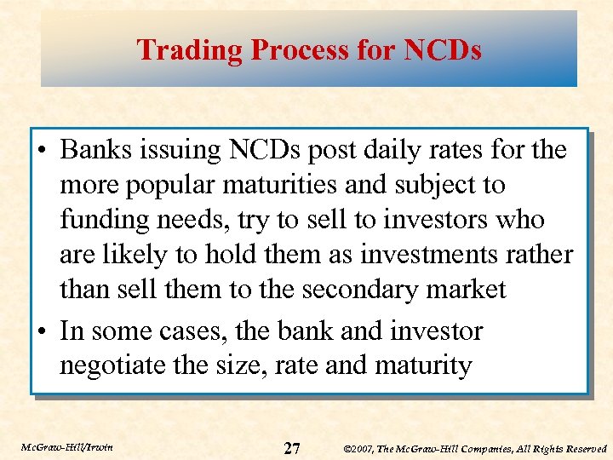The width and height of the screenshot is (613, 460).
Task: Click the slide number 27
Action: (291, 447)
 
